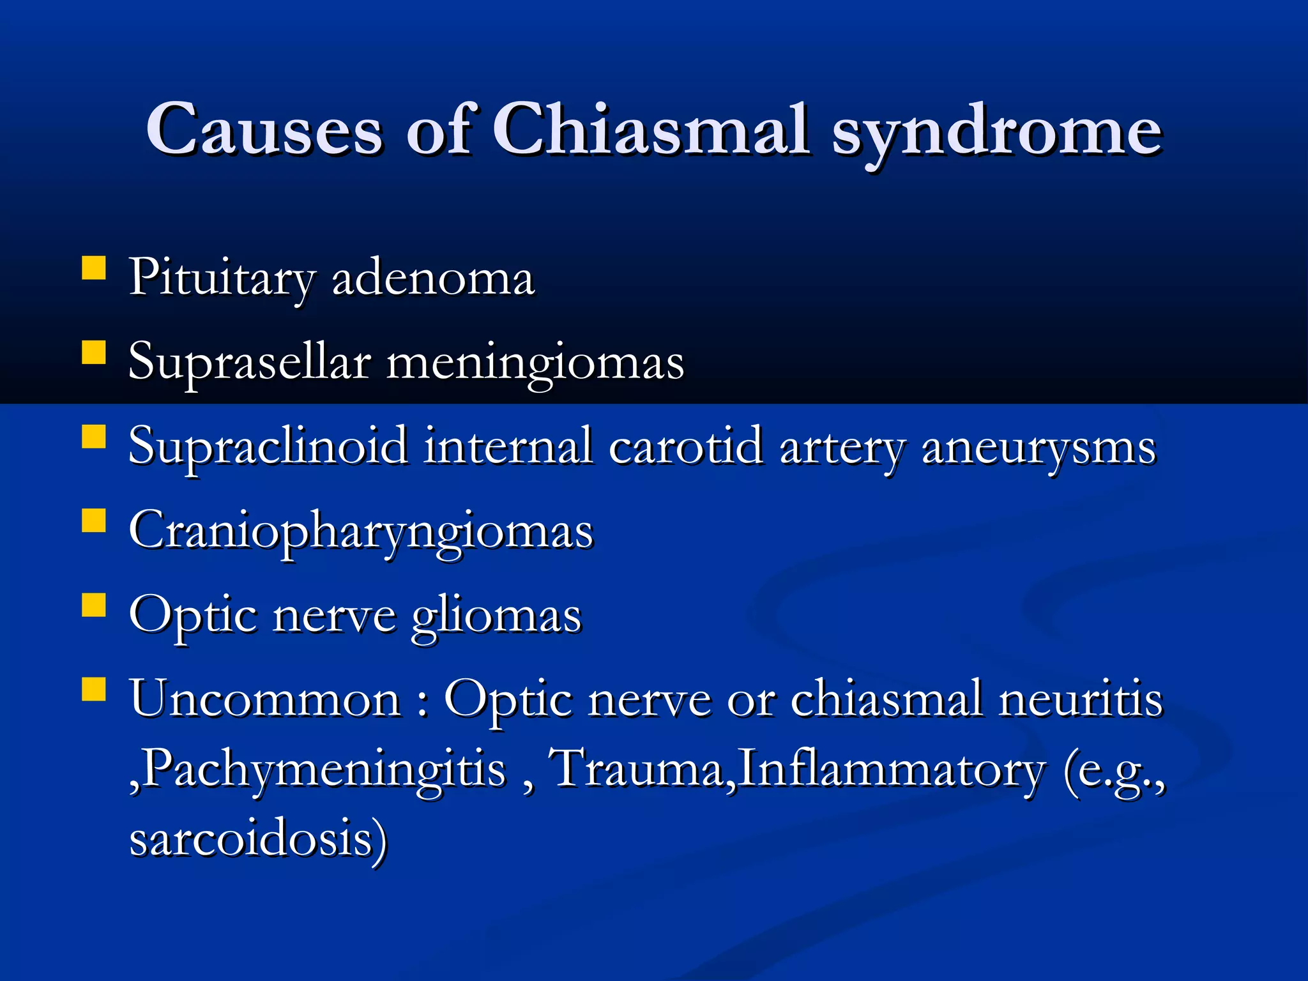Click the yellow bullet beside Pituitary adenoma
94,269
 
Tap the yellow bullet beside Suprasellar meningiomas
94,353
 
